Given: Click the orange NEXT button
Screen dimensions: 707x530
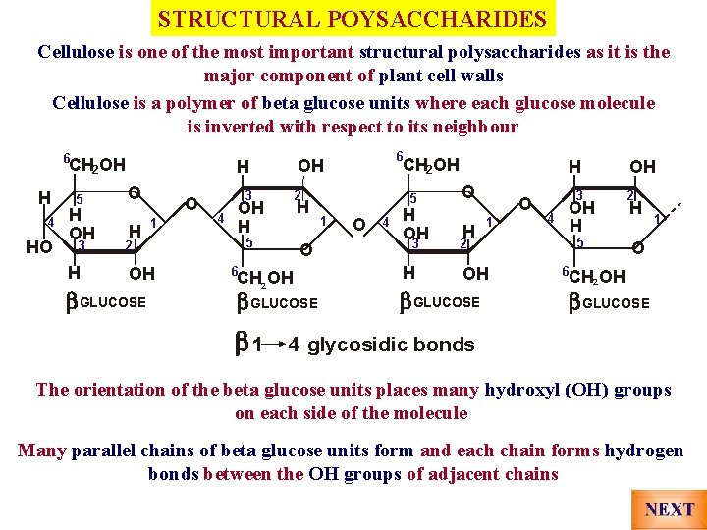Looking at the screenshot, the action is (670, 509).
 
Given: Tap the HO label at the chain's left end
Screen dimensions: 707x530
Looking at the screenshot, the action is (39, 247).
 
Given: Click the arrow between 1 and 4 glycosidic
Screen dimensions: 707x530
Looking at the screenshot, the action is (274, 344).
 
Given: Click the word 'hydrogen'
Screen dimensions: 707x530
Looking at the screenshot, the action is (644, 450).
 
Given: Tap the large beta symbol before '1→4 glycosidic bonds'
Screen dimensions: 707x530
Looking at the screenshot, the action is (242, 343).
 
